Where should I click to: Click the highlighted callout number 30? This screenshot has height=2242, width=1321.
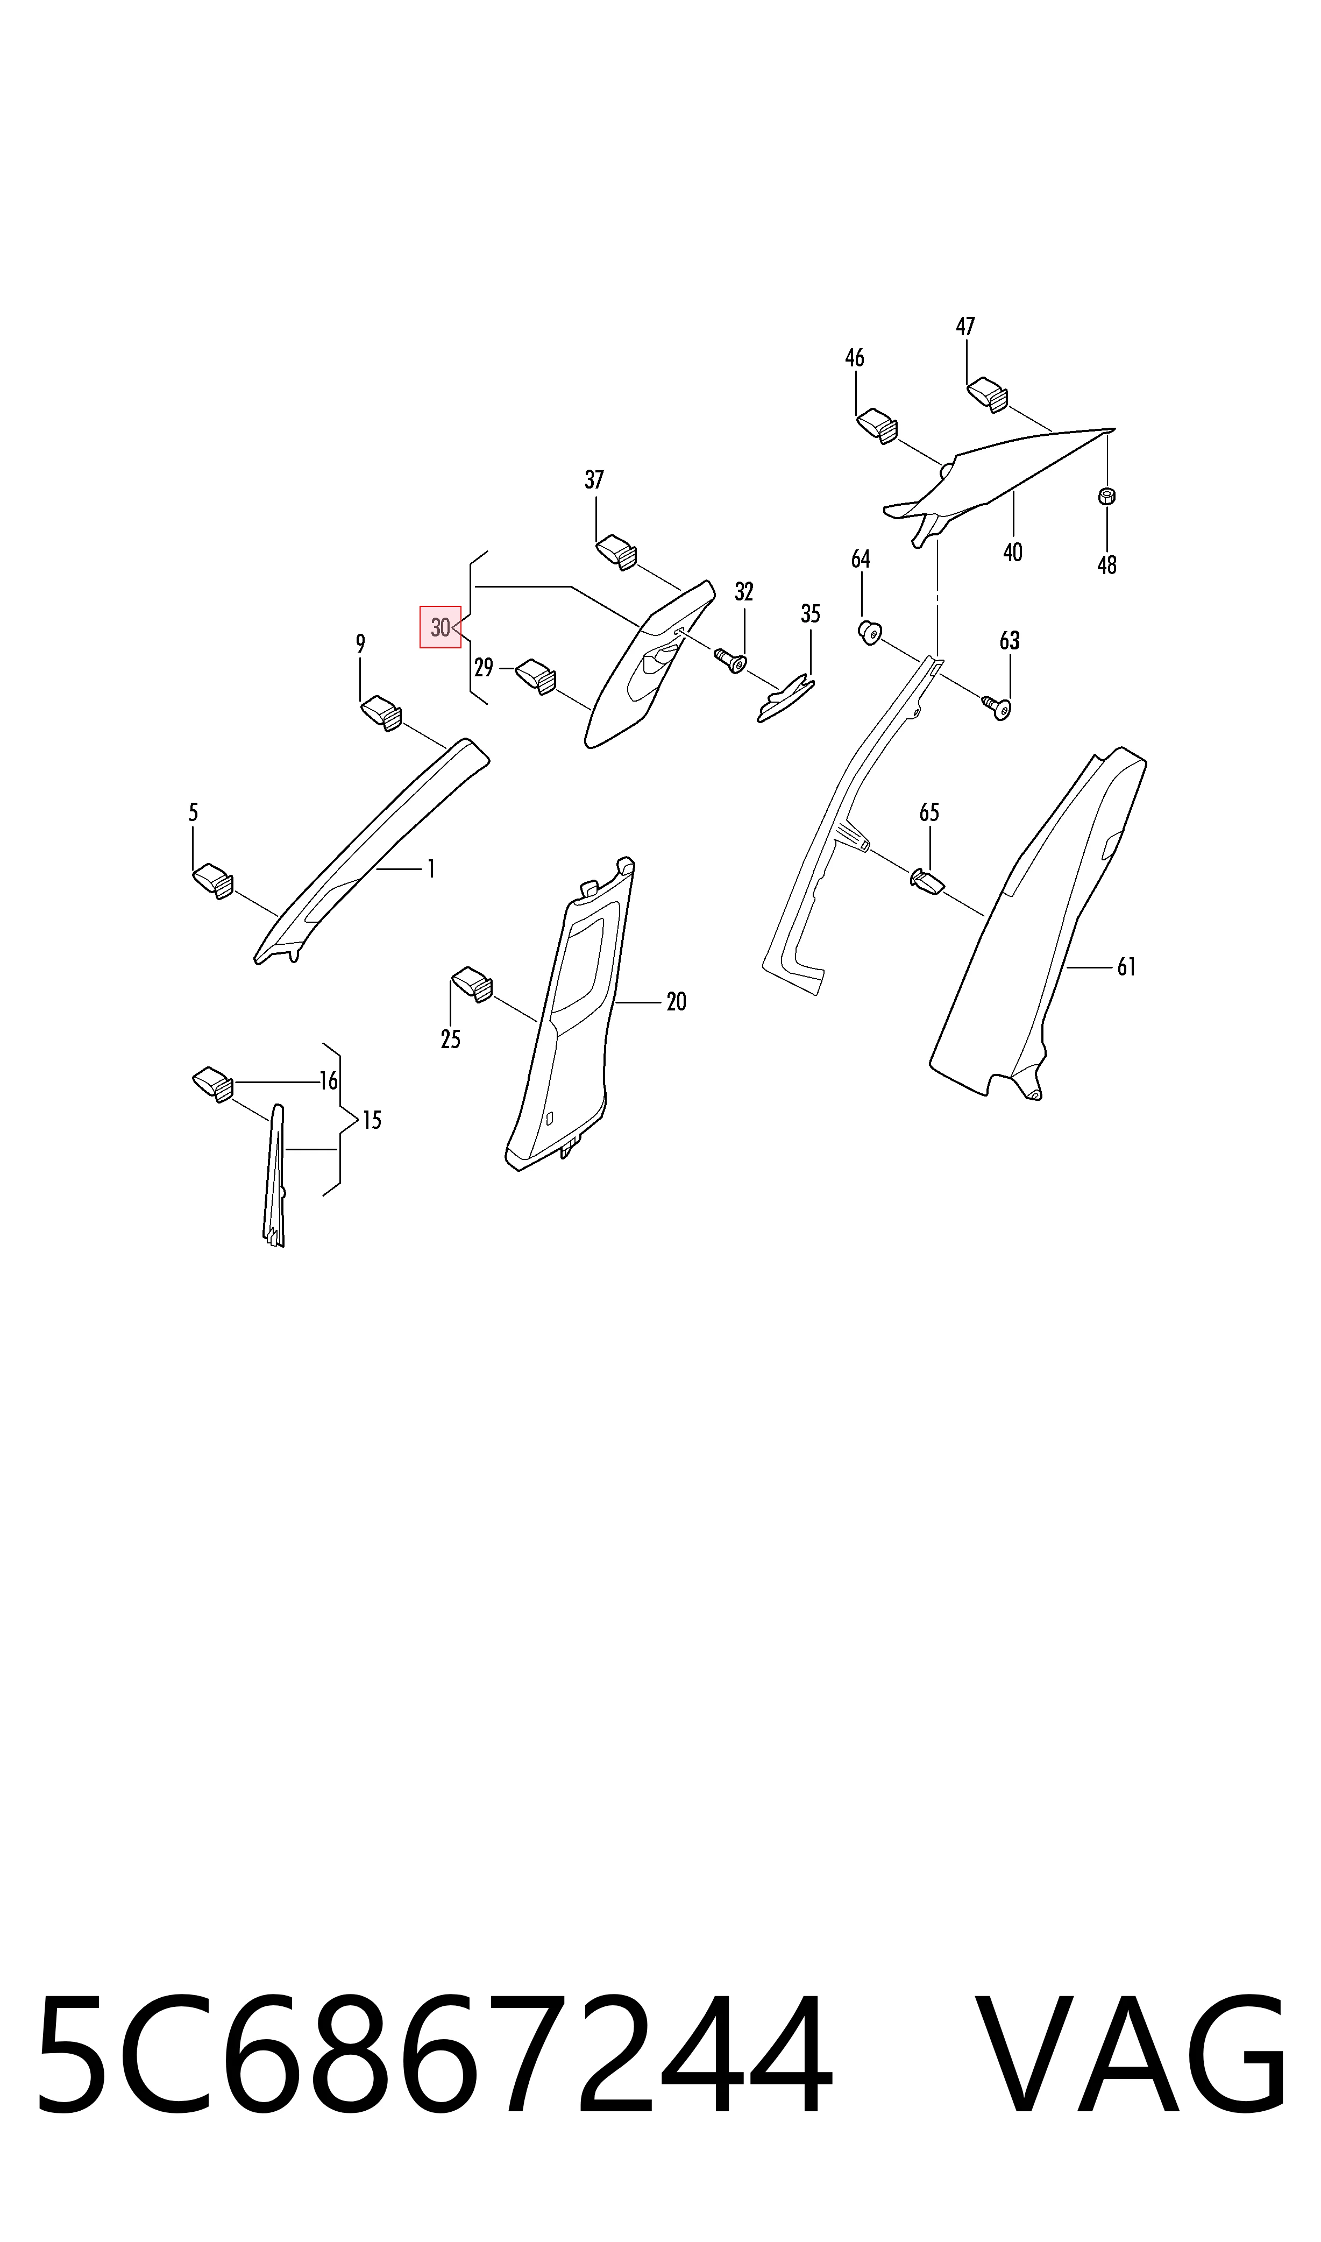pos(441,627)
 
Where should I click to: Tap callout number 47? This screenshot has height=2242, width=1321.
pos(966,327)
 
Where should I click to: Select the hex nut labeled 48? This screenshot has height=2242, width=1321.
pos(1107,496)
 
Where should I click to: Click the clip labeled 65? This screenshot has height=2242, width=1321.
pos(927,881)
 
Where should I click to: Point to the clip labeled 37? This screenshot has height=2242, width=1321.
pos(616,550)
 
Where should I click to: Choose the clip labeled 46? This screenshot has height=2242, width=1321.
pos(877,426)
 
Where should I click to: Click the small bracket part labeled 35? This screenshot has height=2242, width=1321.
pos(785,699)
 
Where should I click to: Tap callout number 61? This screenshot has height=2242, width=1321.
pos(1127,966)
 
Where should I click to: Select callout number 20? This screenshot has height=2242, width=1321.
pos(677,1002)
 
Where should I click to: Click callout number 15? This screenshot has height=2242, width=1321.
pos(372,1120)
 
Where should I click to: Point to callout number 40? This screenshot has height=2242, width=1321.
pos(1013,552)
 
